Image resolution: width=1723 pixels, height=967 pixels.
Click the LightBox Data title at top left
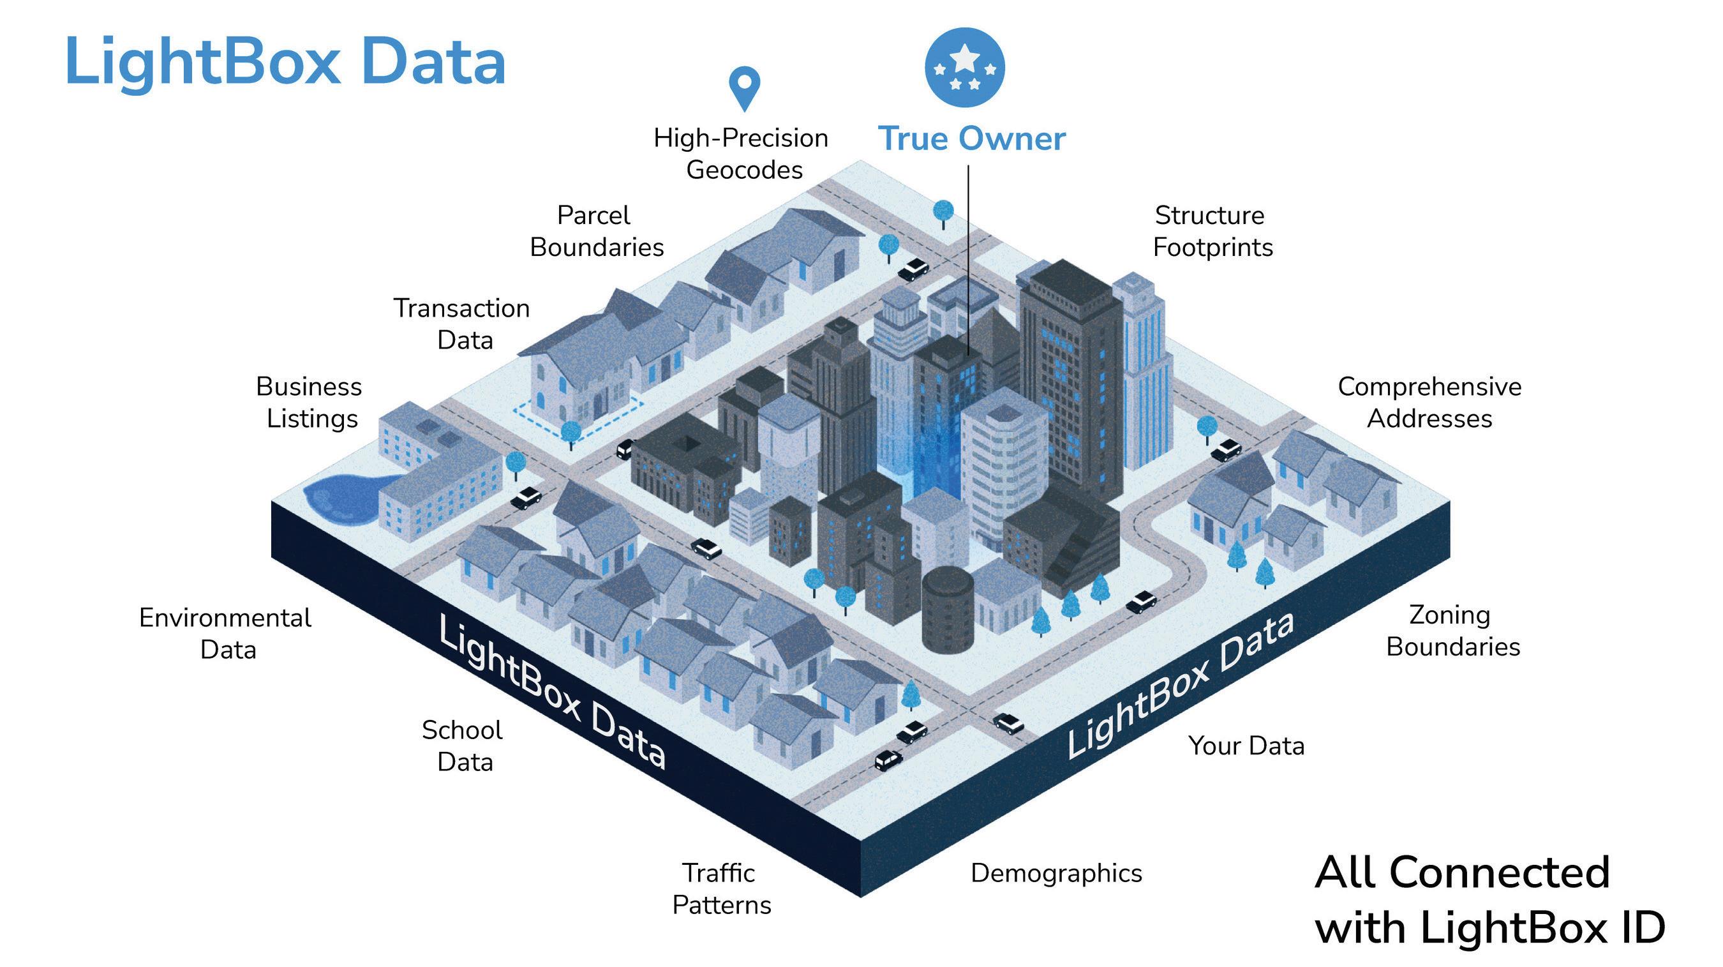(285, 61)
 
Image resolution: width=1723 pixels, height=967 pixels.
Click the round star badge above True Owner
(964, 67)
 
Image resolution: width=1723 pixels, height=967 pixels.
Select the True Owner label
(971, 139)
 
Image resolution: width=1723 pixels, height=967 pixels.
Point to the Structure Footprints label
(1212, 232)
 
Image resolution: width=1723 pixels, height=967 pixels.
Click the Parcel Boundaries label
(596, 232)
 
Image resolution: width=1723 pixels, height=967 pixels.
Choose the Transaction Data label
(462, 324)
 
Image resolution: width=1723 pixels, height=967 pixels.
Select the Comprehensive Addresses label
(1429, 402)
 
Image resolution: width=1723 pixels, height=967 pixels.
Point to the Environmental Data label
(225, 633)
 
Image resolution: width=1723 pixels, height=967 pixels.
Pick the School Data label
(463, 746)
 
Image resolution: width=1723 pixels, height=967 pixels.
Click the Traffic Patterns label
(721, 888)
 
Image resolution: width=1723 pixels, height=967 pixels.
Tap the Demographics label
(1056, 873)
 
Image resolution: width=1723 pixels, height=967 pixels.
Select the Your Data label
(1246, 746)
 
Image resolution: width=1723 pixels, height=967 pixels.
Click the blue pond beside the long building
(341, 498)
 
